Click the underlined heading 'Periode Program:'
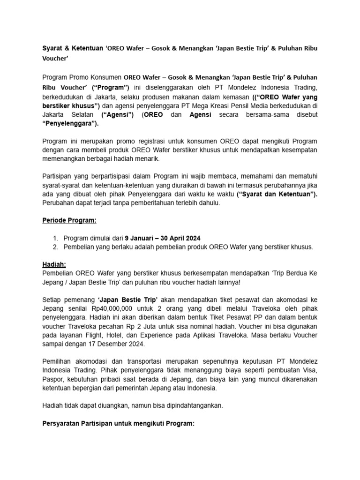[x=69, y=220]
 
